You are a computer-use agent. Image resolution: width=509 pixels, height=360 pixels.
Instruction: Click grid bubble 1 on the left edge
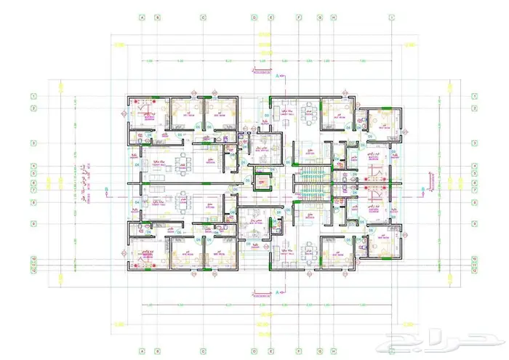[x=33, y=95]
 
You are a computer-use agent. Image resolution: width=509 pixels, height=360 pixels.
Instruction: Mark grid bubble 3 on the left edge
[x=33, y=143]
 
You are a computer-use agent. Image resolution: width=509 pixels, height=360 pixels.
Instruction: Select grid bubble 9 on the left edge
[x=33, y=223]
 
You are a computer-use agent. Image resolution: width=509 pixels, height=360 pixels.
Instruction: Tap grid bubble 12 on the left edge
[x=33, y=273]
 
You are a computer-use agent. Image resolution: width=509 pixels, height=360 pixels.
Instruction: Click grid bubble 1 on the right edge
[x=474, y=95]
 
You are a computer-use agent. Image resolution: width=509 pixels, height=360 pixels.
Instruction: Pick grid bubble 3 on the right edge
[x=474, y=143]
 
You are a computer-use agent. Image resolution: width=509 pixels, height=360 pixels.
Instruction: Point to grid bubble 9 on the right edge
[x=474, y=223]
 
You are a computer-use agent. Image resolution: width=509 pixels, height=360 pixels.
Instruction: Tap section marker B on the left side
[x=107, y=191]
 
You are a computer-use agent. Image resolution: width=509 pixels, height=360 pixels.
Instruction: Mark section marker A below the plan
[x=278, y=292]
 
